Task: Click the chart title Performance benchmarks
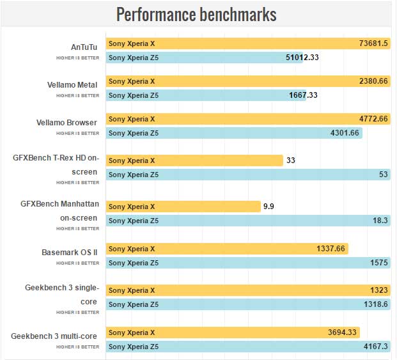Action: click(196, 14)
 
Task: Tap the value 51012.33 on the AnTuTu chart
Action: click(302, 58)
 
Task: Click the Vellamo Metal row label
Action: click(72, 84)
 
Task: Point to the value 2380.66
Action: click(374, 81)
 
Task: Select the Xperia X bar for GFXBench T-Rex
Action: click(194, 160)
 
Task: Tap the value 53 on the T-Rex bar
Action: click(384, 175)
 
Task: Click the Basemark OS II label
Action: click(70, 252)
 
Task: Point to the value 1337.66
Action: click(331, 249)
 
